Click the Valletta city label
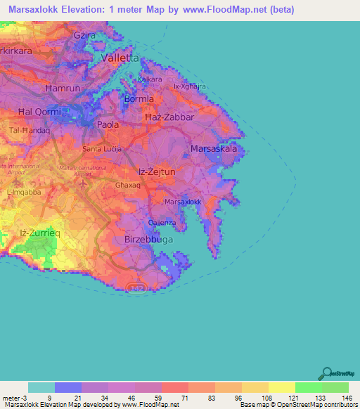tap(120, 59)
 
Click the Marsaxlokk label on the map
tap(183, 202)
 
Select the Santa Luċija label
tap(103, 149)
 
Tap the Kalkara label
tap(150, 79)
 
